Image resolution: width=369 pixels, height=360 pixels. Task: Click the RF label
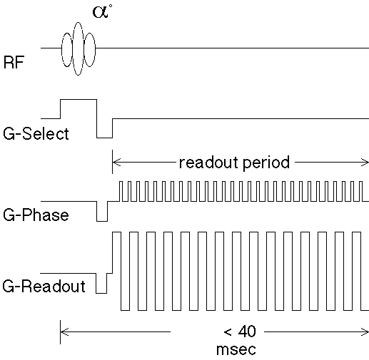[x=14, y=62]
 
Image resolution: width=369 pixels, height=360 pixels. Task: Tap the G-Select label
[x=36, y=133]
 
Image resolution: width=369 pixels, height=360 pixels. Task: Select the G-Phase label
[x=36, y=215]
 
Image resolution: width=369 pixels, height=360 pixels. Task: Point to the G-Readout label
[x=44, y=286]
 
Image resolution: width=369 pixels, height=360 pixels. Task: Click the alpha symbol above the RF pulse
[x=101, y=12]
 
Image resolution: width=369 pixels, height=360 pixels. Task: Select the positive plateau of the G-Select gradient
[x=79, y=100]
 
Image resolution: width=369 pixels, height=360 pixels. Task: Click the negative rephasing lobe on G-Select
[x=104, y=138]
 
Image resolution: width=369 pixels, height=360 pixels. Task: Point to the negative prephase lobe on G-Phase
[x=102, y=221]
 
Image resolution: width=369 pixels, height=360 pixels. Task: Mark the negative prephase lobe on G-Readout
[x=101, y=293]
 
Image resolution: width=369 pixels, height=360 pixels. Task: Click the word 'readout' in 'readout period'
[x=208, y=163]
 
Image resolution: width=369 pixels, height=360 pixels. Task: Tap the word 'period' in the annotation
[x=266, y=163]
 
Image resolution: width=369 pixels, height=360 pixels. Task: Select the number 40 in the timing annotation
[x=247, y=331]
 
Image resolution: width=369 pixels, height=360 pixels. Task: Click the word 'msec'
[x=236, y=349]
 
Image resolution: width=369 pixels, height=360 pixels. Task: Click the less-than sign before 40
[x=228, y=331]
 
